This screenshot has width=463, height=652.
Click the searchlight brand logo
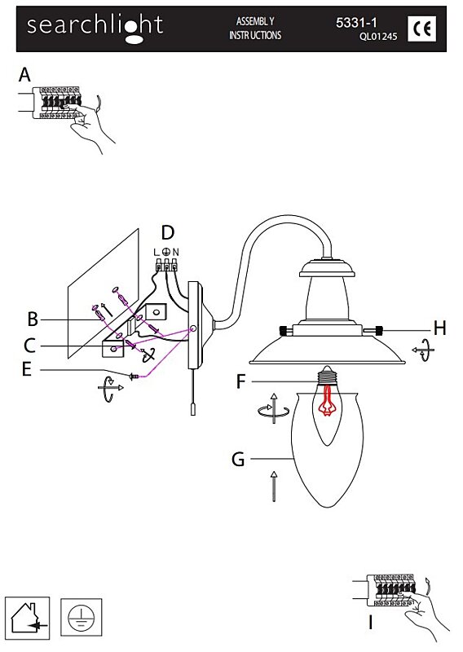[95, 28]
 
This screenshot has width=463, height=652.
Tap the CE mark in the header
[421, 29]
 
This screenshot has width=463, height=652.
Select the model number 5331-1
[356, 23]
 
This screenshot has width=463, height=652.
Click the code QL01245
[378, 36]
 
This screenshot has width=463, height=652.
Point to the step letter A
[25, 75]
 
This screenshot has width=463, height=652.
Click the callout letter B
[33, 319]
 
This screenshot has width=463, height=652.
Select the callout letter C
[30, 346]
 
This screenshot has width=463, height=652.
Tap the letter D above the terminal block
[167, 233]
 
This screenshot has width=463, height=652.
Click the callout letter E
[27, 369]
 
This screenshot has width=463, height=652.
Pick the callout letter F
[240, 381]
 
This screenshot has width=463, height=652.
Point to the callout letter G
[238, 460]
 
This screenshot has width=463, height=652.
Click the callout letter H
[439, 328]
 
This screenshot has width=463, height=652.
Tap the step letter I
[371, 623]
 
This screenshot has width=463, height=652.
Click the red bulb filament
[328, 399]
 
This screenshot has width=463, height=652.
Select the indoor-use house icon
[28, 619]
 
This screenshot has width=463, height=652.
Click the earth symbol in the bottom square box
[82, 618]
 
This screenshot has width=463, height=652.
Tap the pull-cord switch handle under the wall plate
[194, 409]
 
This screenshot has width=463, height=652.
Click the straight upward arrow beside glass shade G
[273, 486]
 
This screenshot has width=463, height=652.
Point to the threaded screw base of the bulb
[327, 376]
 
